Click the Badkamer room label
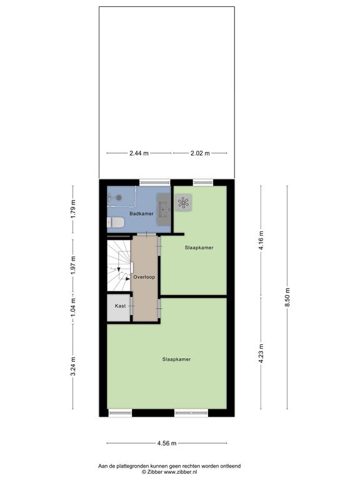[x=141, y=213]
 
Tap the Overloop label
[x=144, y=277]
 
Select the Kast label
[x=120, y=306]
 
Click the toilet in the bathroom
[x=116, y=222]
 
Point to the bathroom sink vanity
[x=164, y=209]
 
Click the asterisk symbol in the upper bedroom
[x=184, y=202]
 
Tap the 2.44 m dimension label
[x=139, y=153]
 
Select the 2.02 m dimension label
[x=200, y=153]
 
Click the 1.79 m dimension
[x=73, y=209]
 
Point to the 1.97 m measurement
[x=73, y=266]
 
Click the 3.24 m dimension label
[x=73, y=366]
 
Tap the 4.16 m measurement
[x=261, y=241]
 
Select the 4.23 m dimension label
[x=261, y=354]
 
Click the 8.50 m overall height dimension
[x=287, y=297]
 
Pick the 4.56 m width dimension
[x=167, y=443]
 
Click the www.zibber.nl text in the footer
[x=178, y=472]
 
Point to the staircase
[x=119, y=266]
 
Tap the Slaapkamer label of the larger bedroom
[x=177, y=359]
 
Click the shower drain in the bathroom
[x=119, y=197]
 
